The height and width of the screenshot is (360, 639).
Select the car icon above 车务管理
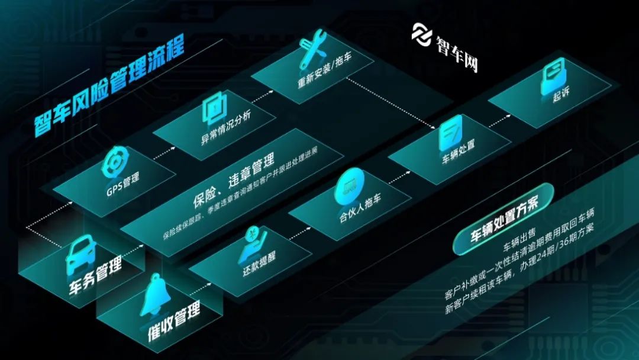click(82, 253)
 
